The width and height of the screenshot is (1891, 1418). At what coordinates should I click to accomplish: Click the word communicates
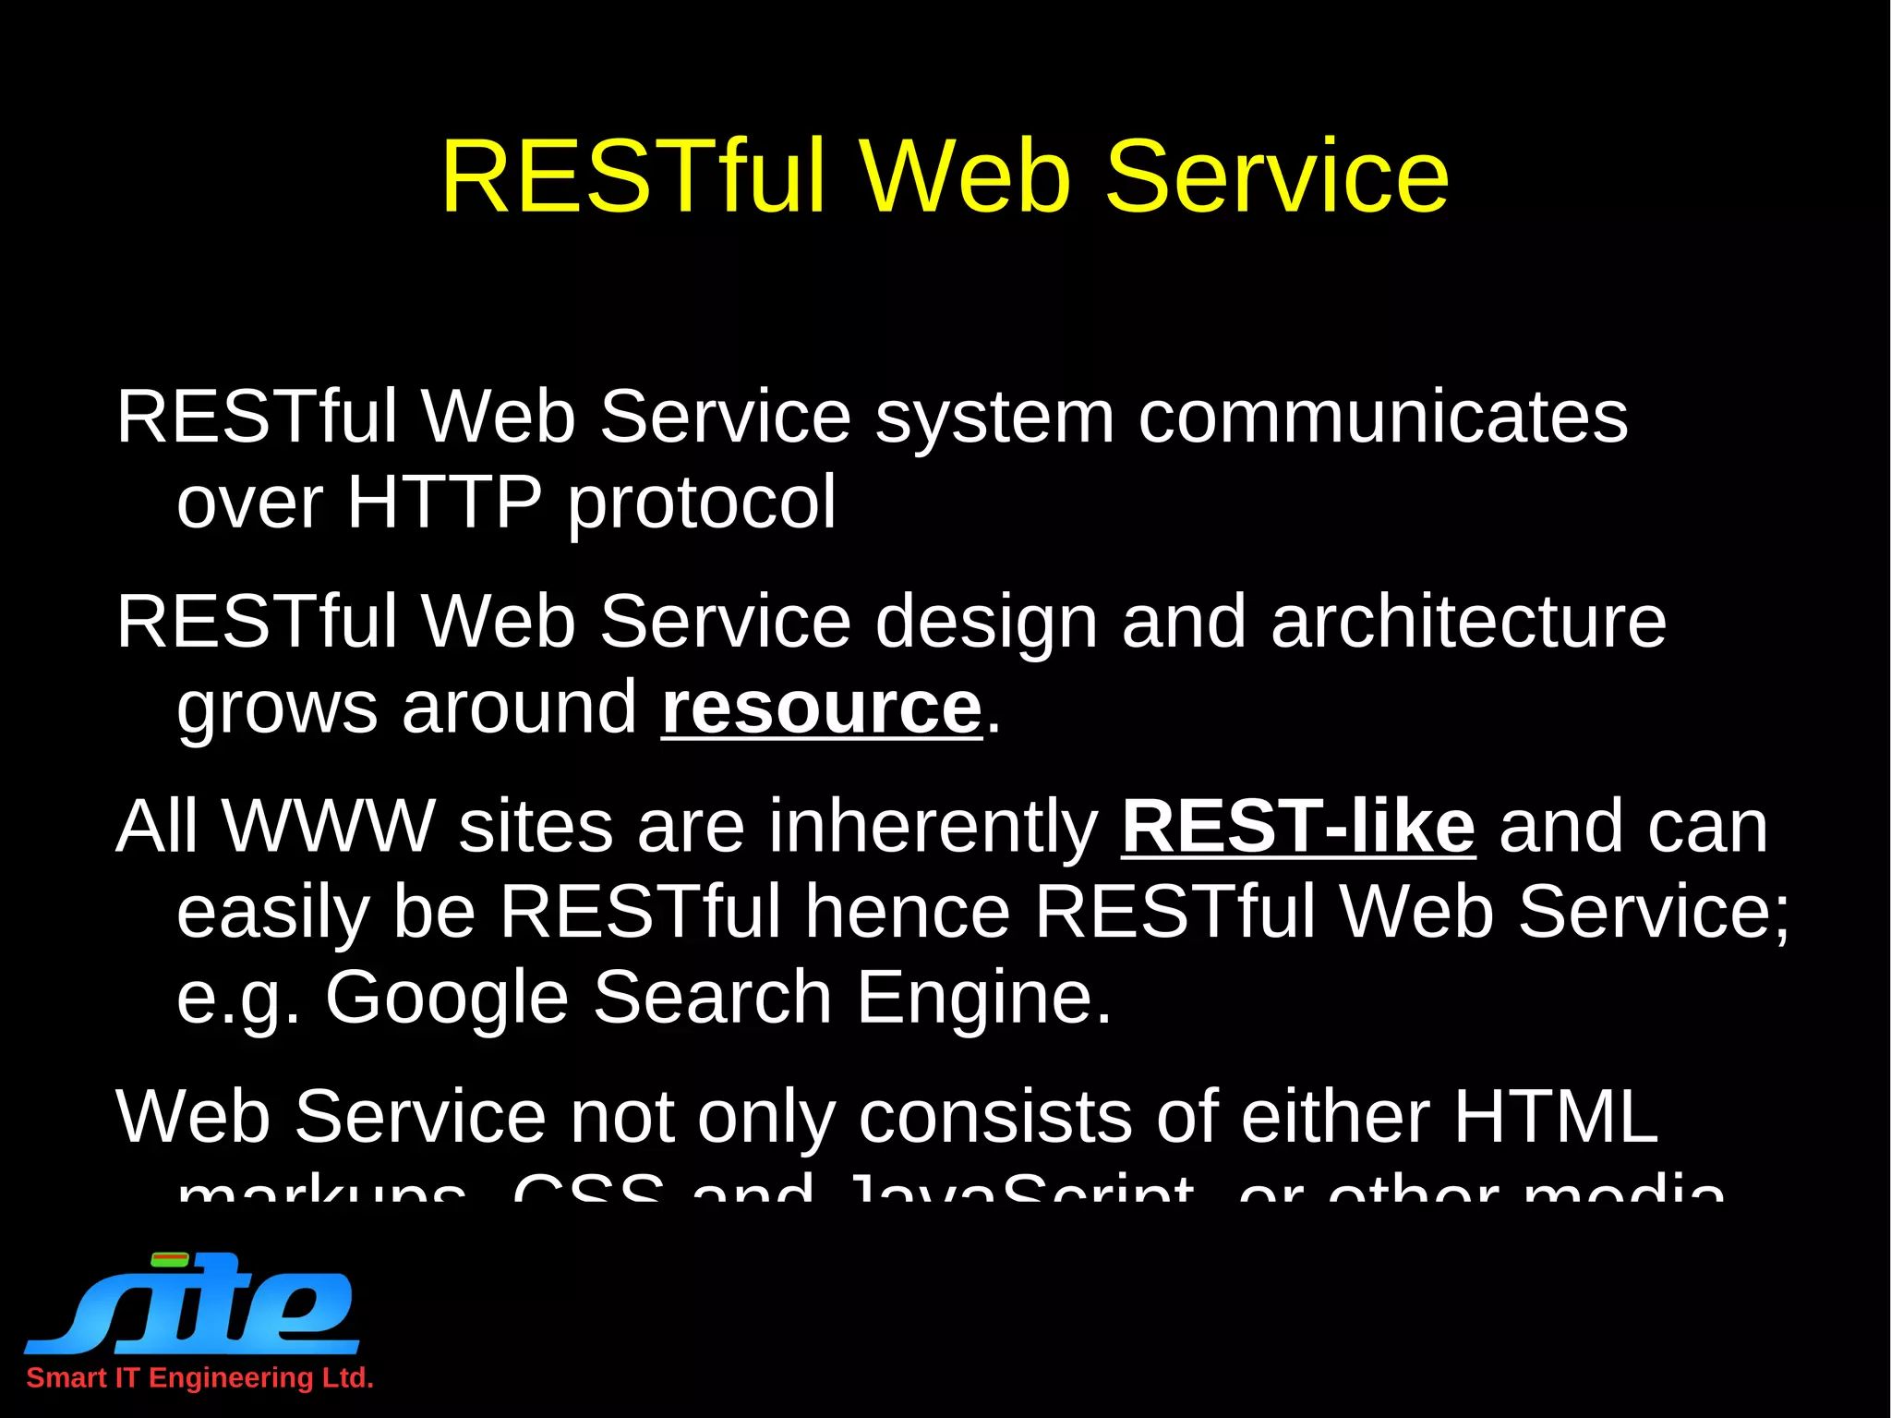1382,418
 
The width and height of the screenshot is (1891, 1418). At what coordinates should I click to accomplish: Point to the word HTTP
444,503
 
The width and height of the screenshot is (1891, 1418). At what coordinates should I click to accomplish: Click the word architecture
1468,622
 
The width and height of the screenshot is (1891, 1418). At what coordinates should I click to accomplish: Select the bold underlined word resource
821,709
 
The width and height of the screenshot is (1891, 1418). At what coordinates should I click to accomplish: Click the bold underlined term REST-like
1298,826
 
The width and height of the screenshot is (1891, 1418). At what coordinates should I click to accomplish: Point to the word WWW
328,826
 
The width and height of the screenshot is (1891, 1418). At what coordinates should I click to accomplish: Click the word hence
907,912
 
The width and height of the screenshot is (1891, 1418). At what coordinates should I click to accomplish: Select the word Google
446,998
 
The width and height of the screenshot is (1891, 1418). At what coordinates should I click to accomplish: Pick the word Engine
983,998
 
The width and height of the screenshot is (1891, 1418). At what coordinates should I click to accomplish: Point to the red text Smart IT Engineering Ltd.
199,1377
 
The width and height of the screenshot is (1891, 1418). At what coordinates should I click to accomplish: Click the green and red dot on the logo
170,1259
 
